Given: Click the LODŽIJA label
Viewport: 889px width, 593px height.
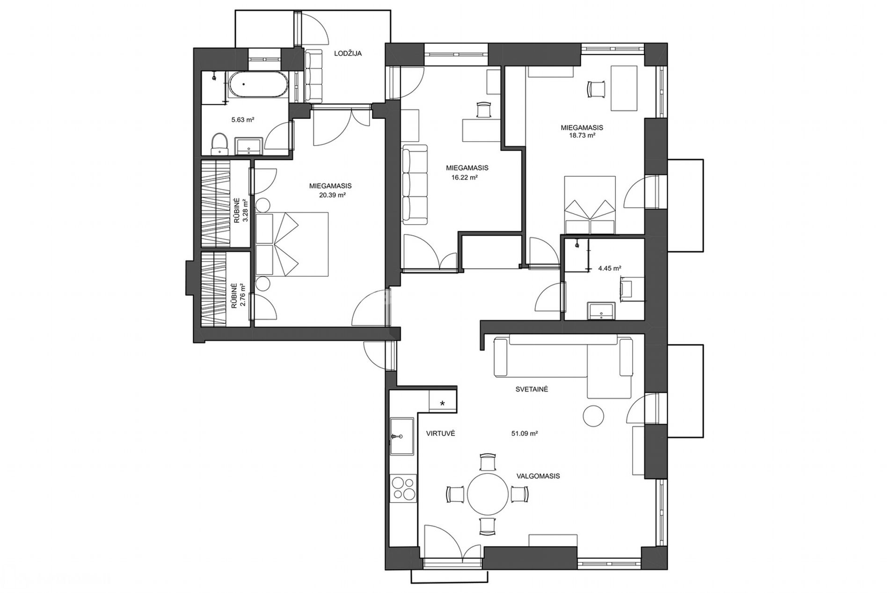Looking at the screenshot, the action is (348, 53).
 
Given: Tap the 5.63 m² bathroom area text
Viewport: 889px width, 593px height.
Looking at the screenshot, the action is (243, 120).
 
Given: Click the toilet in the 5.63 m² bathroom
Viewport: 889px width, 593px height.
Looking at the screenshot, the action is (219, 144).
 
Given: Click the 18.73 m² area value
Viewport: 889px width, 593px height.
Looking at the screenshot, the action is (582, 135).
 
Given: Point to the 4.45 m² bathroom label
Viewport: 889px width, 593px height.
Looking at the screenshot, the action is (610, 269).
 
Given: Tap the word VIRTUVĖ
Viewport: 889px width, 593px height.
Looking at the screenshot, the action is (440, 434).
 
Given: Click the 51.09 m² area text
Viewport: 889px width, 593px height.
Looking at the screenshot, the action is (524, 434).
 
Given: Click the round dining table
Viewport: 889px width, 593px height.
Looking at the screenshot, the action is (488, 494).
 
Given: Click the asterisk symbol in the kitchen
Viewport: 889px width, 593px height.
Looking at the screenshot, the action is (443, 403).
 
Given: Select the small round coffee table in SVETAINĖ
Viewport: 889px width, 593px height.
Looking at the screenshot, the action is (594, 415).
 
